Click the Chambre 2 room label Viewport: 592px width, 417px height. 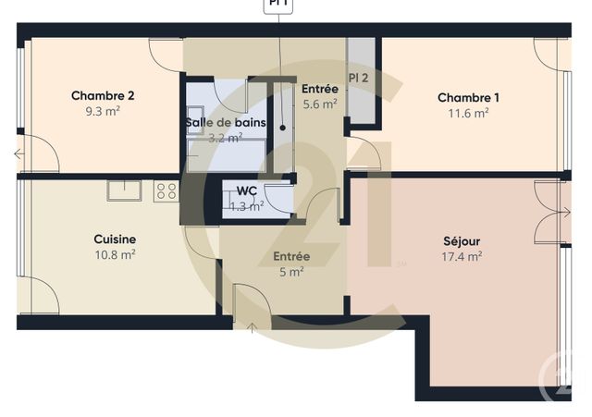tap(104, 95)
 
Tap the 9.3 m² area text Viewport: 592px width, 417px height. tap(104, 111)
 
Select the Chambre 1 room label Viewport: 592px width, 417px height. tap(469, 98)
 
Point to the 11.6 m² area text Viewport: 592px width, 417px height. tap(469, 114)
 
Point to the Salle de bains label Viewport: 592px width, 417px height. tap(226, 122)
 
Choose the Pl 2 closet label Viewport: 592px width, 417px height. tap(359, 78)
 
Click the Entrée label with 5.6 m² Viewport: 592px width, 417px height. tap(319, 89)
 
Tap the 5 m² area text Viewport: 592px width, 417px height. tap(291, 272)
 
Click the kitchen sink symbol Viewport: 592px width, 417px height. tap(123, 190)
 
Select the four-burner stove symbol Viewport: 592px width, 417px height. tap(166, 191)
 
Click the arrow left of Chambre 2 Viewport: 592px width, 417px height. tap(18, 154)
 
